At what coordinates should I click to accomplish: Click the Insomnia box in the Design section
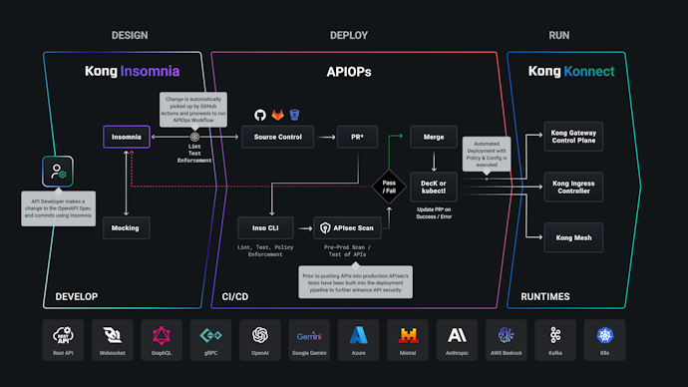tap(127, 137)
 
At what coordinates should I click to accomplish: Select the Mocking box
tap(127, 228)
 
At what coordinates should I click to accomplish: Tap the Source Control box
tap(278, 137)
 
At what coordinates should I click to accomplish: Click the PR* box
tap(356, 137)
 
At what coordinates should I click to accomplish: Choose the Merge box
tap(434, 137)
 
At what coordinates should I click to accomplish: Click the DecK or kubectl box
tap(434, 186)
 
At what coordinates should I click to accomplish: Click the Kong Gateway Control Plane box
tap(586, 137)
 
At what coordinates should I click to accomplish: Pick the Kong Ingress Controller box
tap(586, 186)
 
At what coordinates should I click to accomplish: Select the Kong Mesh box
tap(586, 235)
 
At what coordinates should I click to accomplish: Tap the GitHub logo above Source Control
tap(260, 115)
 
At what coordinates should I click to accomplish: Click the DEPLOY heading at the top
tap(349, 36)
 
